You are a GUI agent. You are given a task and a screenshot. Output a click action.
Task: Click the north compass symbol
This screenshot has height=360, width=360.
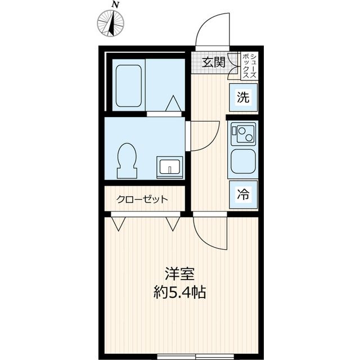tap(111, 23)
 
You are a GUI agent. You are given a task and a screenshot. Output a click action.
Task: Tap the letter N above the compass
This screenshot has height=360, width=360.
tap(116, 5)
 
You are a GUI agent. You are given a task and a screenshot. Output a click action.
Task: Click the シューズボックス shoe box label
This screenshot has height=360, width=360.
tap(250, 66)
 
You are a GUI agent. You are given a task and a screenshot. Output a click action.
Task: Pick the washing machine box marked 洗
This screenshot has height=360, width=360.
tap(244, 97)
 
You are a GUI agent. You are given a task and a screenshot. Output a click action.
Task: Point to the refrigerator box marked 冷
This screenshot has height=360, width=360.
tap(244, 195)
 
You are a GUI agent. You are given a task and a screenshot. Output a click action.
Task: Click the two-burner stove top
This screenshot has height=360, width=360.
tap(243, 134)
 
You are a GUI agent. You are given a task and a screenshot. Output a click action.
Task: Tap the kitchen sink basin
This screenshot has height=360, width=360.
tap(243, 161)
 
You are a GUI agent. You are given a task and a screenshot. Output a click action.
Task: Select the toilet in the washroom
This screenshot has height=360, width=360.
tap(127, 160)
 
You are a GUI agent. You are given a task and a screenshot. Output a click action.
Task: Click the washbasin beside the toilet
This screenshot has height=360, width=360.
tap(170, 168)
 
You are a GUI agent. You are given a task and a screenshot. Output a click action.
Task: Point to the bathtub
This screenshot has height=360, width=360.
tap(129, 86)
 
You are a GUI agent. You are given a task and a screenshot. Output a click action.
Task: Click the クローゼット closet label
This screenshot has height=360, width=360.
tap(142, 199)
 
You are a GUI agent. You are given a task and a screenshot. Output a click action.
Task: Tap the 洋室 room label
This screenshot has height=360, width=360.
tap(180, 274)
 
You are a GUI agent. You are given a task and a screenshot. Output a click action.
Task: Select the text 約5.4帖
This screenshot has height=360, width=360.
tap(180, 291)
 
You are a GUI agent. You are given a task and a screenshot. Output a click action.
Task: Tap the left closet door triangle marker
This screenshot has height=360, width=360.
tap(118, 224)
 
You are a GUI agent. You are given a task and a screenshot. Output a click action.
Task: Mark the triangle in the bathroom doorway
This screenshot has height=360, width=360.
tap(174, 103)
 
